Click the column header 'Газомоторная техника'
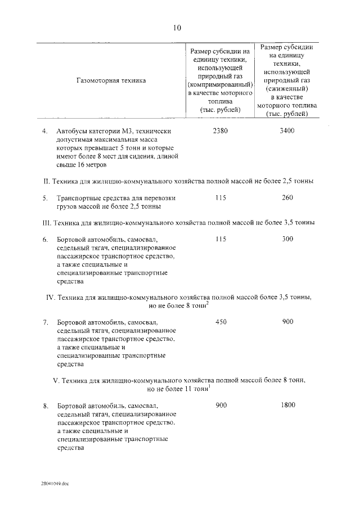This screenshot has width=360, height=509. pos(111,80)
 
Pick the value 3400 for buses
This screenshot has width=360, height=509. pos(287,131)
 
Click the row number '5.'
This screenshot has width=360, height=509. pos(46,198)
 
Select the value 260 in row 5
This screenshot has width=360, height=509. pos(287,198)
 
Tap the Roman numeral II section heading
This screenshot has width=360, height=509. pos(178,181)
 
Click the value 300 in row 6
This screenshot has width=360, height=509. pos(287,239)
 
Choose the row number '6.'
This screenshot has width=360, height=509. pos(46,240)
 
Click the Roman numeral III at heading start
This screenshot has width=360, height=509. pos(47,223)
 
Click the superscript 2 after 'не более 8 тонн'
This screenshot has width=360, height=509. pos(208,303)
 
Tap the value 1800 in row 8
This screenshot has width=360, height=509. pos(287,405)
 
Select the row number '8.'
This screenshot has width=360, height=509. pos(46,406)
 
